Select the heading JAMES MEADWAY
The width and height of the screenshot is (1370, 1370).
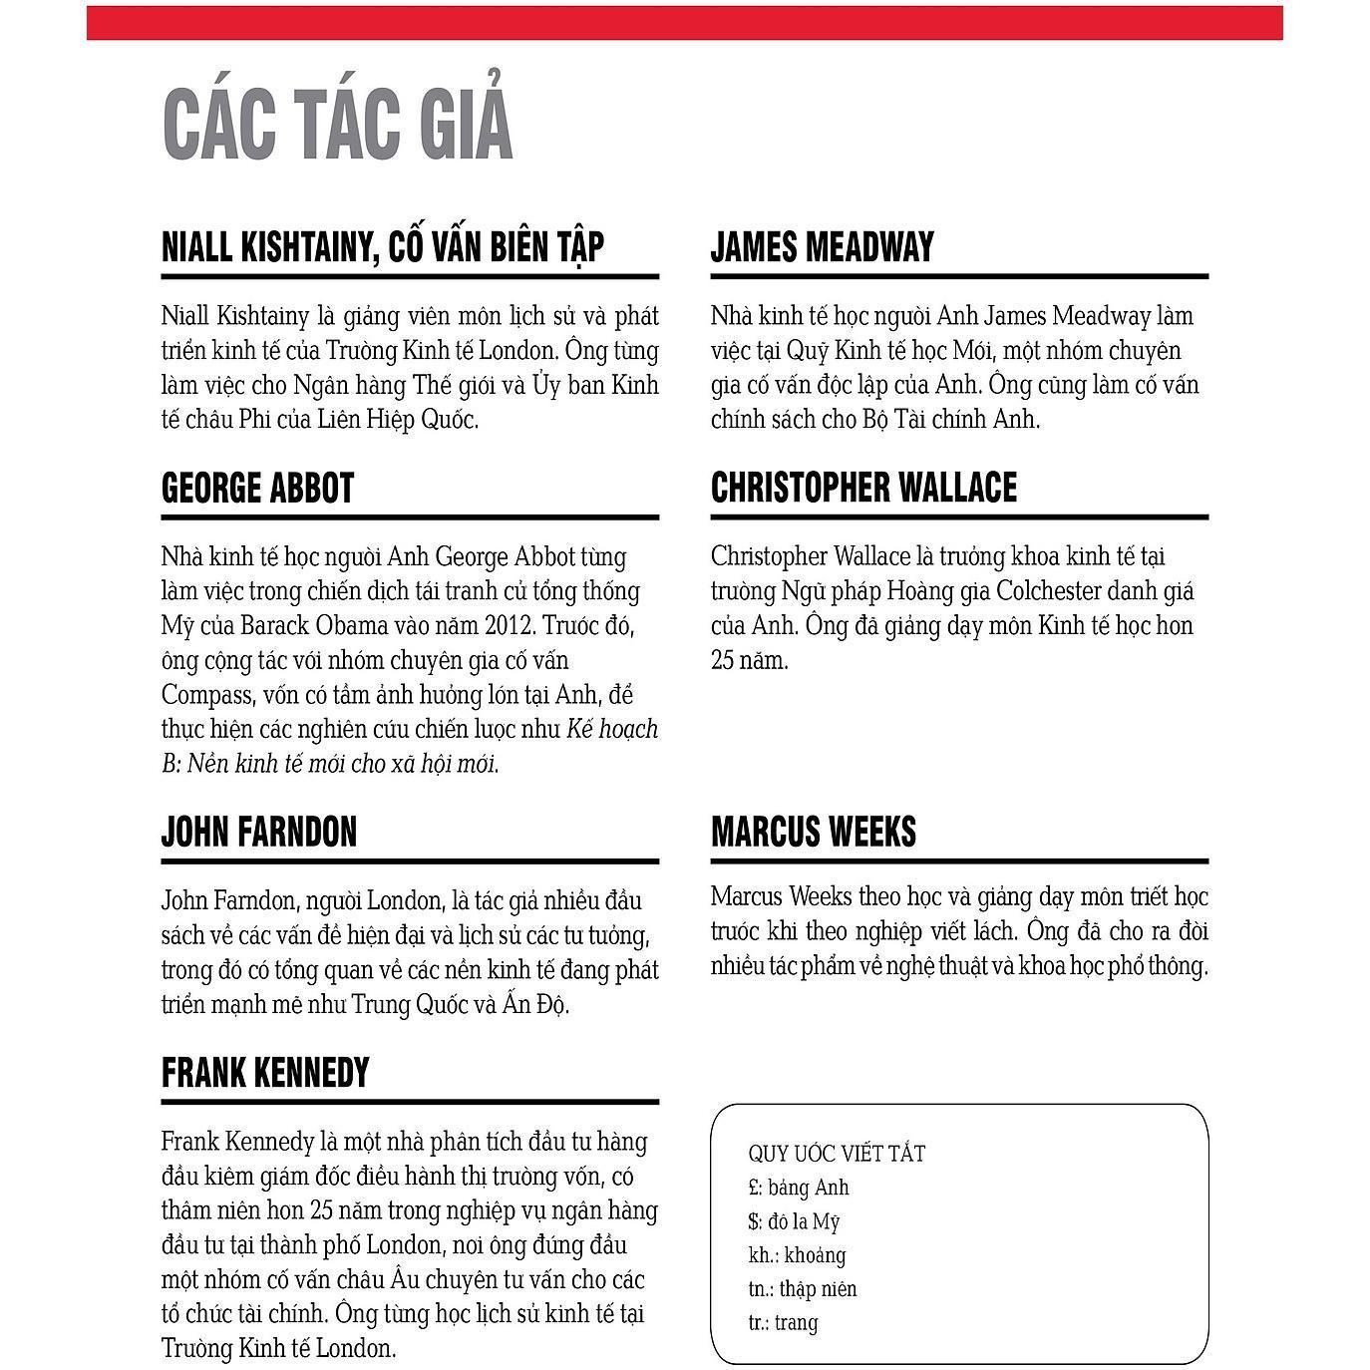point(823,247)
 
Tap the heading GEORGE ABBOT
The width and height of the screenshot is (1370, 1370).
point(257,489)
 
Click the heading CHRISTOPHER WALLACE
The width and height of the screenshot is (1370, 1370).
point(863,489)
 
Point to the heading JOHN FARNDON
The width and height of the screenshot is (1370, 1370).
point(259,832)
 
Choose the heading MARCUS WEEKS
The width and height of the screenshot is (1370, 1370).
point(814,832)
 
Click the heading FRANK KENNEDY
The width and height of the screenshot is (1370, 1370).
point(265,1073)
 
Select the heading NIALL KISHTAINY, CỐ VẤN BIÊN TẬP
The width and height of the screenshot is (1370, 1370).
point(383,247)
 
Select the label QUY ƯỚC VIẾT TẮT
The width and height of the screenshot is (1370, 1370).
point(837,1154)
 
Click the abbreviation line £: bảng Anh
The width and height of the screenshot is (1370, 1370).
point(799,1188)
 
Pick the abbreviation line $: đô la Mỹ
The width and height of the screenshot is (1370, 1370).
point(795,1221)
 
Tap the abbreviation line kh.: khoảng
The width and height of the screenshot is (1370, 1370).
point(797,1255)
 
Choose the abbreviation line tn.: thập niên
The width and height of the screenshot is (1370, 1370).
point(803,1289)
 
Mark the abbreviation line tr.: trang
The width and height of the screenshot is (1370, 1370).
point(783,1323)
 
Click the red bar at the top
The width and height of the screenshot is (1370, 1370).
point(684,23)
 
